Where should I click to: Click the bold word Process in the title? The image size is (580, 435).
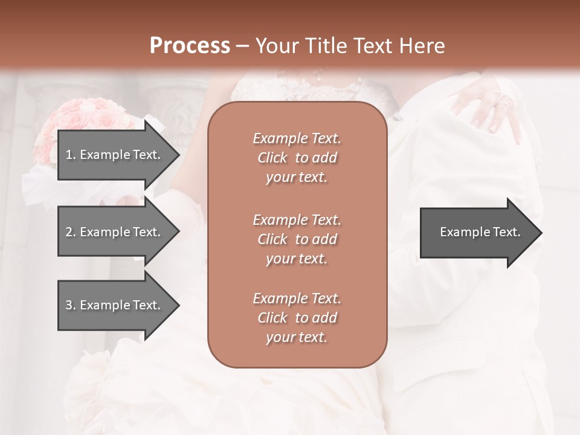190,45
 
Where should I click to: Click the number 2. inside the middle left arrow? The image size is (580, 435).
71,232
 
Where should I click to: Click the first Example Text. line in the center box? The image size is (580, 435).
297,138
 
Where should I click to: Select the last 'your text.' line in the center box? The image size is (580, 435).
297,338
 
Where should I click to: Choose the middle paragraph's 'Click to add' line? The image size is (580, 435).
297,239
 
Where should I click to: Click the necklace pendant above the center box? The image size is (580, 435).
317,77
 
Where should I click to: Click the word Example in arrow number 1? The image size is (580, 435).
105,155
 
